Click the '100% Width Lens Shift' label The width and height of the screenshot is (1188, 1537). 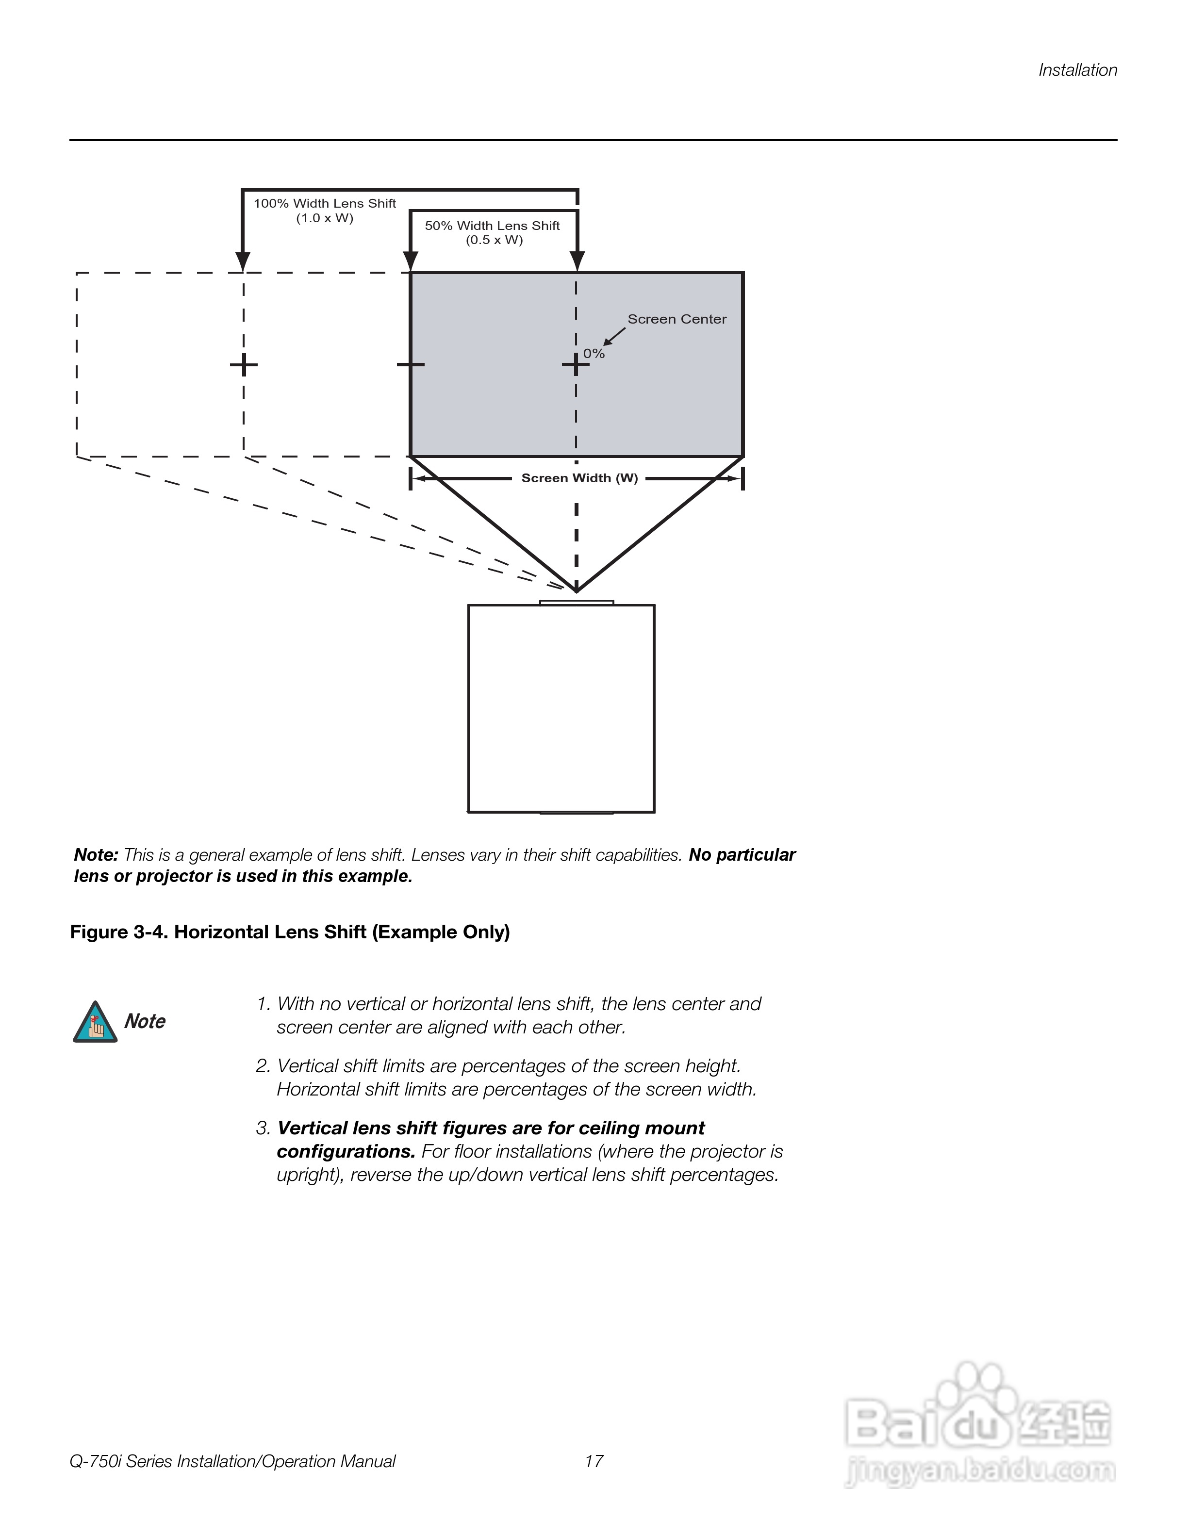[x=325, y=203]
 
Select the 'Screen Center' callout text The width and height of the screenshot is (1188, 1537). [x=676, y=319]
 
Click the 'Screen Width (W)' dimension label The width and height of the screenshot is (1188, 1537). [x=579, y=478]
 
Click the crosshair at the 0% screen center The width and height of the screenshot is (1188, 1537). [x=576, y=364]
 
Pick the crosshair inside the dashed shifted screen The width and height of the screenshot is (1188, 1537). [x=244, y=364]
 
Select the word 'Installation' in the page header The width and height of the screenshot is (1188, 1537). [x=1077, y=70]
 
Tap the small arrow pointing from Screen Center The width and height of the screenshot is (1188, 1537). [x=614, y=336]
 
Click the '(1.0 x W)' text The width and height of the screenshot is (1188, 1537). [x=325, y=218]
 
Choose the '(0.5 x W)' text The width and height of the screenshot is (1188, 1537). [x=494, y=240]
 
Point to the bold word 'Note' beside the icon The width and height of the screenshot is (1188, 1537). [x=145, y=1021]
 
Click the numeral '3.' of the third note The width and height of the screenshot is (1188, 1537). [x=263, y=1128]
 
